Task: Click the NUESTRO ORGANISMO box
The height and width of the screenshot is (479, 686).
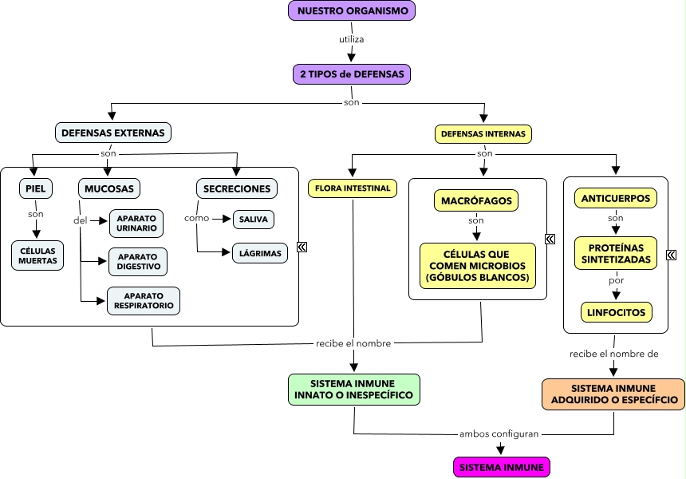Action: (352, 11)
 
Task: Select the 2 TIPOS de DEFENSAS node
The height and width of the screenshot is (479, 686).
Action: (352, 74)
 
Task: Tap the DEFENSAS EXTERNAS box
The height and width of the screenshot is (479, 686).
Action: (112, 132)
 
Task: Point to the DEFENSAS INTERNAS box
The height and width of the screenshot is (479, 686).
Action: (483, 134)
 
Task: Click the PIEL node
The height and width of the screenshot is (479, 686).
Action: (36, 188)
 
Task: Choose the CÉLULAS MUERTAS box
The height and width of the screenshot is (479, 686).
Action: (37, 255)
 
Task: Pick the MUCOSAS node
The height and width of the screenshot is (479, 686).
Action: (109, 188)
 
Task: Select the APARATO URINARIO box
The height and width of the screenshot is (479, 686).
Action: (136, 224)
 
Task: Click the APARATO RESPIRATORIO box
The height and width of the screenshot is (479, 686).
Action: (144, 301)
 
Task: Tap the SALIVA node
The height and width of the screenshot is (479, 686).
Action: (253, 219)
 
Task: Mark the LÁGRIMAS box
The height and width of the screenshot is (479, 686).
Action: (260, 254)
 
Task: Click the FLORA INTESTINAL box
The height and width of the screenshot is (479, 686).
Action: (352, 188)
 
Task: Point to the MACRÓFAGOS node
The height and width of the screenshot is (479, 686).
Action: (476, 200)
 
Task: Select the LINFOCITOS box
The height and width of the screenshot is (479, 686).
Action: (616, 311)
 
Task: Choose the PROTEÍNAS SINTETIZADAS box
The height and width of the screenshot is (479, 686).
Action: (615, 253)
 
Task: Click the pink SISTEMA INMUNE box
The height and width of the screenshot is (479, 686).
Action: (501, 467)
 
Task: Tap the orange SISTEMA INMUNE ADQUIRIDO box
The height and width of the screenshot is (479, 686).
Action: (613, 394)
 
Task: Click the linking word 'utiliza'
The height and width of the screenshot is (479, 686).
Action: (352, 38)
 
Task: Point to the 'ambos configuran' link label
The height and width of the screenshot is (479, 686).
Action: (500, 434)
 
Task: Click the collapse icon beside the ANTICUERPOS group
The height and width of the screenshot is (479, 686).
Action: (671, 255)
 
